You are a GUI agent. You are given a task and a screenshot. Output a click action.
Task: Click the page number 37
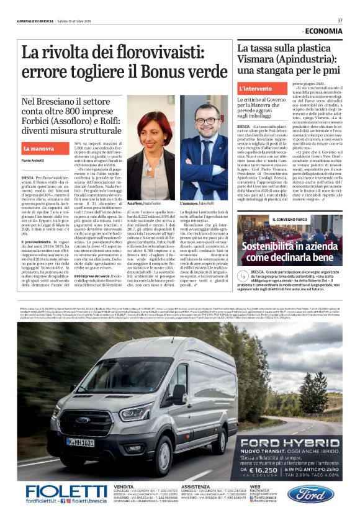click(x=340, y=20)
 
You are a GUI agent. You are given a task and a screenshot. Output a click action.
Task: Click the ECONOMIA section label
click(x=323, y=31)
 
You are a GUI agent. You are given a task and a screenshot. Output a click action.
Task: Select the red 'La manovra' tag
click(x=38, y=149)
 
